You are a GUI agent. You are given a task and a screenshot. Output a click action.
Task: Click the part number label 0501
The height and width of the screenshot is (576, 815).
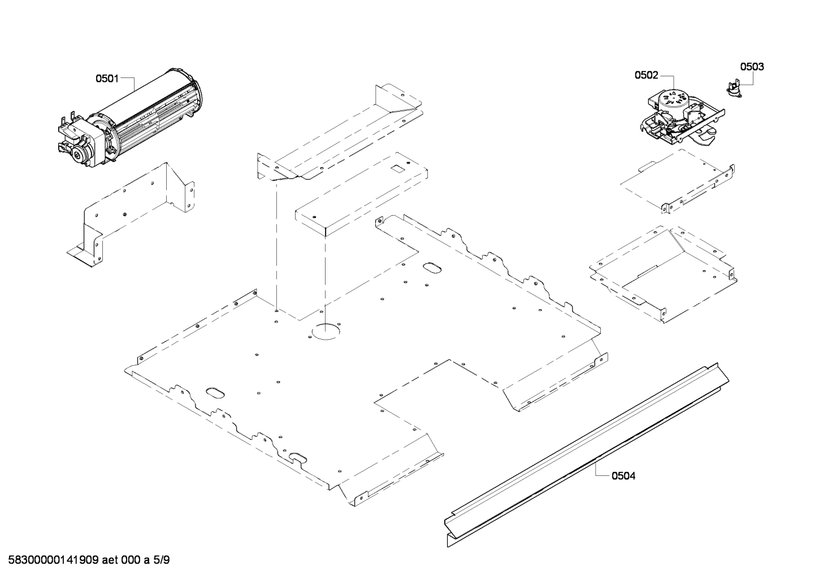106,79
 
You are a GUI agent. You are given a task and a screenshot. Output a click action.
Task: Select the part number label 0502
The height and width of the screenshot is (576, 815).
646,75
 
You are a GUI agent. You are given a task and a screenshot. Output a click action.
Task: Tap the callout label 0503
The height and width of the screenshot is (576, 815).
752,67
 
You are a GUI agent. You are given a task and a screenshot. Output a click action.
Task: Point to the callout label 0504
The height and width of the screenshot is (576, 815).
624,476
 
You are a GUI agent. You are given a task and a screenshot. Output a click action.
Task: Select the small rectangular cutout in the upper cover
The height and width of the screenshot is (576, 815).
398,168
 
